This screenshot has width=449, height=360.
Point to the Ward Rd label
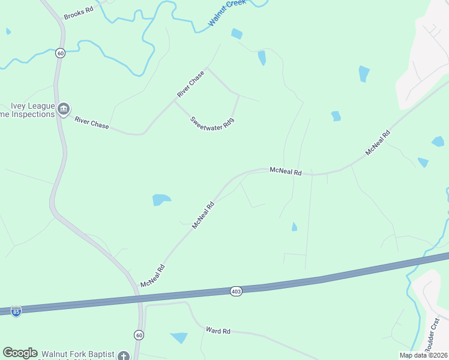[218, 331]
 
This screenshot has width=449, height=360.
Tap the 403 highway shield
[235, 291]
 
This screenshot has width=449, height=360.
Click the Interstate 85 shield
[16, 312]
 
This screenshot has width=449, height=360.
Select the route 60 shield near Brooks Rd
[60, 53]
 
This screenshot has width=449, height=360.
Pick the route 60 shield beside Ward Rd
[139, 334]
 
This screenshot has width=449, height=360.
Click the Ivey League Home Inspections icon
[64, 109]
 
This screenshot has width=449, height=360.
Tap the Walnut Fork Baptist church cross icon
[123, 356]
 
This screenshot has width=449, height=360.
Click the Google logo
[20, 353]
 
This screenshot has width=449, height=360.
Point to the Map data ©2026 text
[423, 355]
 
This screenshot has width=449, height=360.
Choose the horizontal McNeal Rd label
[285, 172]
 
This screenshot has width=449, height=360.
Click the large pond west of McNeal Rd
[161, 199]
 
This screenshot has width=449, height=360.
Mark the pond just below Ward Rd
[179, 337]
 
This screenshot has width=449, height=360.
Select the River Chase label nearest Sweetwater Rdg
[191, 85]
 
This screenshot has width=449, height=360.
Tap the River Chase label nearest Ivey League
[92, 122]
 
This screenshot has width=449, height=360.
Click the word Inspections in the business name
[33, 114]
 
